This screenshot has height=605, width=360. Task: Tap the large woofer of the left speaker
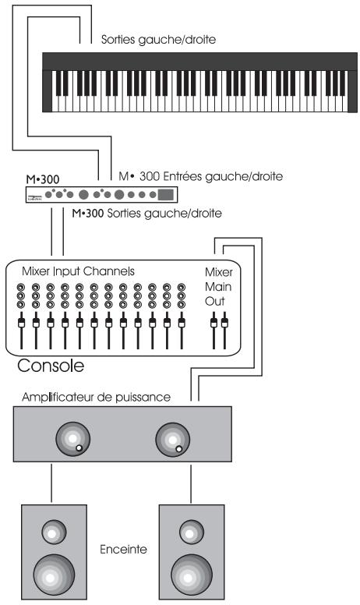[x=54, y=574]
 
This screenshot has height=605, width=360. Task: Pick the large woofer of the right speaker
[x=191, y=573]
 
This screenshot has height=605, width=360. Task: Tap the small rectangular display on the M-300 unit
[x=166, y=194]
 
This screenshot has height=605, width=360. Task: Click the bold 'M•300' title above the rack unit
[x=42, y=178]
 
